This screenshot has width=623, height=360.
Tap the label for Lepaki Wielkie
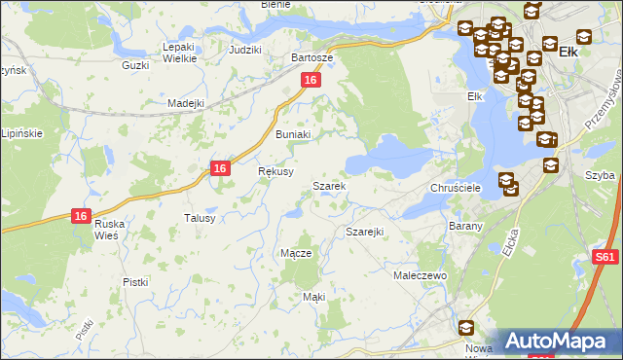tap(180, 53)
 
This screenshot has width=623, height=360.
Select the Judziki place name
tap(245, 49)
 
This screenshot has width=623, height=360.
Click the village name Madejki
tap(185, 103)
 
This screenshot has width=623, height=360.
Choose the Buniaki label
tap(293, 134)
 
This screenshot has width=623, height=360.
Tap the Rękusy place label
tap(275, 170)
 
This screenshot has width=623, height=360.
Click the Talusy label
tap(199, 218)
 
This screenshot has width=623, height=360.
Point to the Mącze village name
tap(295, 253)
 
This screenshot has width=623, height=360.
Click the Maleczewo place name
tap(420, 276)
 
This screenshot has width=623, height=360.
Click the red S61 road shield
tap(605, 258)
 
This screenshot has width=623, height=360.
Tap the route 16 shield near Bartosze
tap(310, 81)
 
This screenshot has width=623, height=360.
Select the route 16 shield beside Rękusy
tap(221, 168)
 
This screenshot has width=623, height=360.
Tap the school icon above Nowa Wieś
tap(466, 329)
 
